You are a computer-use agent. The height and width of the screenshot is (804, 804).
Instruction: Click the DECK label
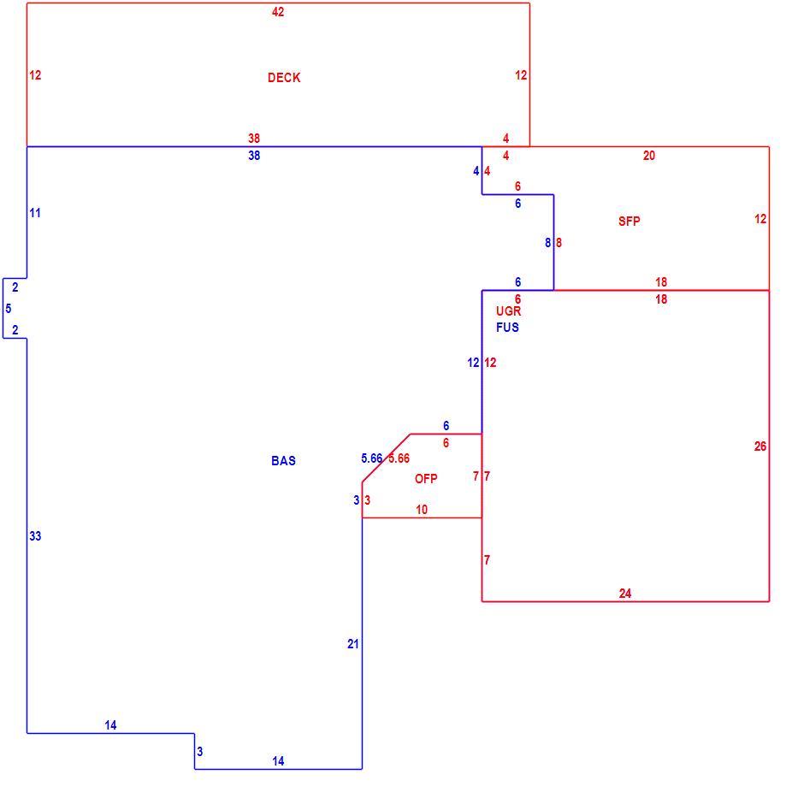pos(284,78)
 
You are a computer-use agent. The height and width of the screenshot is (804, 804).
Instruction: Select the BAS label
pos(284,460)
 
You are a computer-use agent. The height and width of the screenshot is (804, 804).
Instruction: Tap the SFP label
pos(630,221)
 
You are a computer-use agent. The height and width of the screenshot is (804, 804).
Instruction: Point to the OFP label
pos(426,478)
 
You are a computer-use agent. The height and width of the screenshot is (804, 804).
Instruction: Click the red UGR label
pos(509,310)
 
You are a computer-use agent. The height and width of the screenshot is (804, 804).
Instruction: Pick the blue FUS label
pos(507,327)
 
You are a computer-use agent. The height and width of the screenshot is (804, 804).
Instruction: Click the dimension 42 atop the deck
pos(278,12)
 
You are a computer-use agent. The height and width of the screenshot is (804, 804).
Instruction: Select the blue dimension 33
pos(35,535)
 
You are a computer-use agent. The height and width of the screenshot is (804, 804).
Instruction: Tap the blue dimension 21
pos(352,643)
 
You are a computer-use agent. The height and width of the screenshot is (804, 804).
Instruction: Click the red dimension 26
pos(760,446)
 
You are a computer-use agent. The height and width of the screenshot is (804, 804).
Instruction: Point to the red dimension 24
pos(625,594)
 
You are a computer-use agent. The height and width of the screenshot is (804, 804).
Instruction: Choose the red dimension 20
pos(649,156)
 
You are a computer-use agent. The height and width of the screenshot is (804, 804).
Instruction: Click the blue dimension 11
pos(35,213)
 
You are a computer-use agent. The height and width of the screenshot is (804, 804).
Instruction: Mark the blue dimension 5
pos(9,308)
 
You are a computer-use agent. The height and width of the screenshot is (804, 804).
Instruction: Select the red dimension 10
pos(422,509)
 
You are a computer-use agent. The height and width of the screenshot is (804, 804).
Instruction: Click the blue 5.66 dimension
pos(372,458)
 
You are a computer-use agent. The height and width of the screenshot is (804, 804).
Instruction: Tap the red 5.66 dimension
pos(399,458)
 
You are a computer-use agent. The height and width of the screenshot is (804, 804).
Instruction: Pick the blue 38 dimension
pos(254,156)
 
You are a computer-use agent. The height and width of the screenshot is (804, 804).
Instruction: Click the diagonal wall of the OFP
pos(386,458)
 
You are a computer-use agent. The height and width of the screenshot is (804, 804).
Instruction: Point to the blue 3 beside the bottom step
pos(200,751)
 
